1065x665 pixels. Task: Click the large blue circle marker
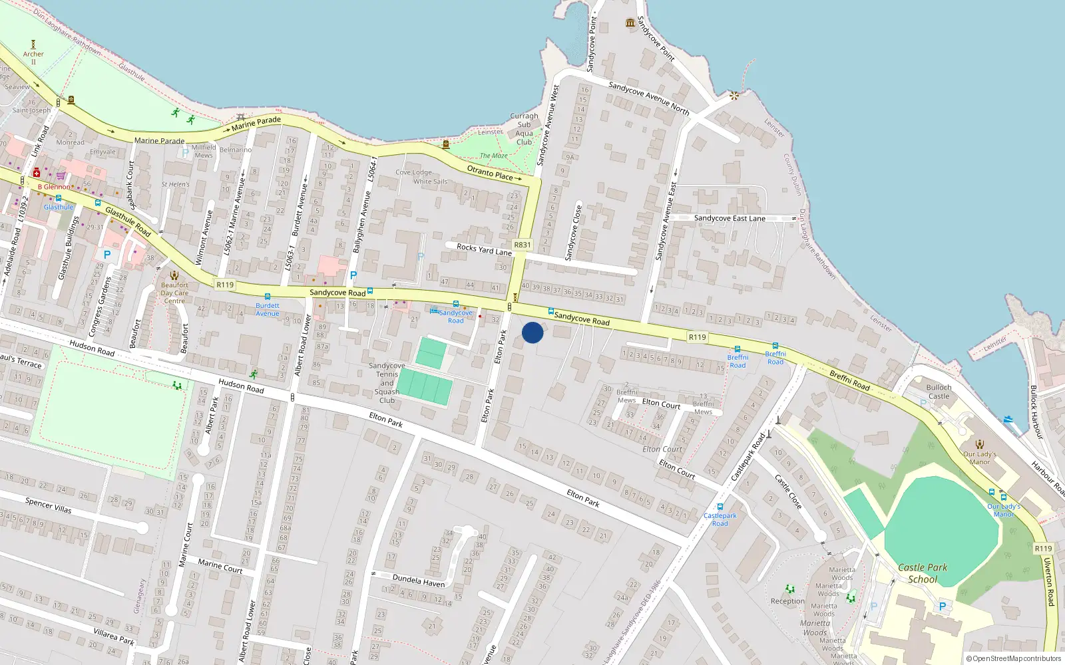coord(532,332)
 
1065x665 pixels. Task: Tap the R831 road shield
coord(523,245)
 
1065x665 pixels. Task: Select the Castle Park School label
coord(923,573)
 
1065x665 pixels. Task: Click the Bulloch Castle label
coord(939,392)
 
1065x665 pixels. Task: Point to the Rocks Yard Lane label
coord(484,249)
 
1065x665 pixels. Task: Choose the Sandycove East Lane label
coord(730,218)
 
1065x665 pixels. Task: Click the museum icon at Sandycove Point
coord(630,23)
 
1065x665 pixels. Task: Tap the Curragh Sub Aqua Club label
coord(525,129)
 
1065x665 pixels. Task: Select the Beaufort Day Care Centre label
coord(174,293)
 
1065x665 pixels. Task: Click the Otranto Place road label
coord(490,173)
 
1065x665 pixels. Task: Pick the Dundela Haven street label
coord(419,581)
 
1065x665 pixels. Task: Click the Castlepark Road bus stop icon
coord(720,507)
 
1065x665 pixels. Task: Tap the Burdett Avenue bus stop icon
coord(268,297)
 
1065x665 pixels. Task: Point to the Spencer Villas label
coord(48,505)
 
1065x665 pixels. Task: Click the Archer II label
coord(33,58)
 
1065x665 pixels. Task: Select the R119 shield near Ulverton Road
coord(1043,549)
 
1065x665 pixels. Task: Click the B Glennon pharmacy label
coord(53,187)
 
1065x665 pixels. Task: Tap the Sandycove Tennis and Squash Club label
coord(387,383)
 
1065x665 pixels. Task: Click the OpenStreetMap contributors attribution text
coord(1013,659)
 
